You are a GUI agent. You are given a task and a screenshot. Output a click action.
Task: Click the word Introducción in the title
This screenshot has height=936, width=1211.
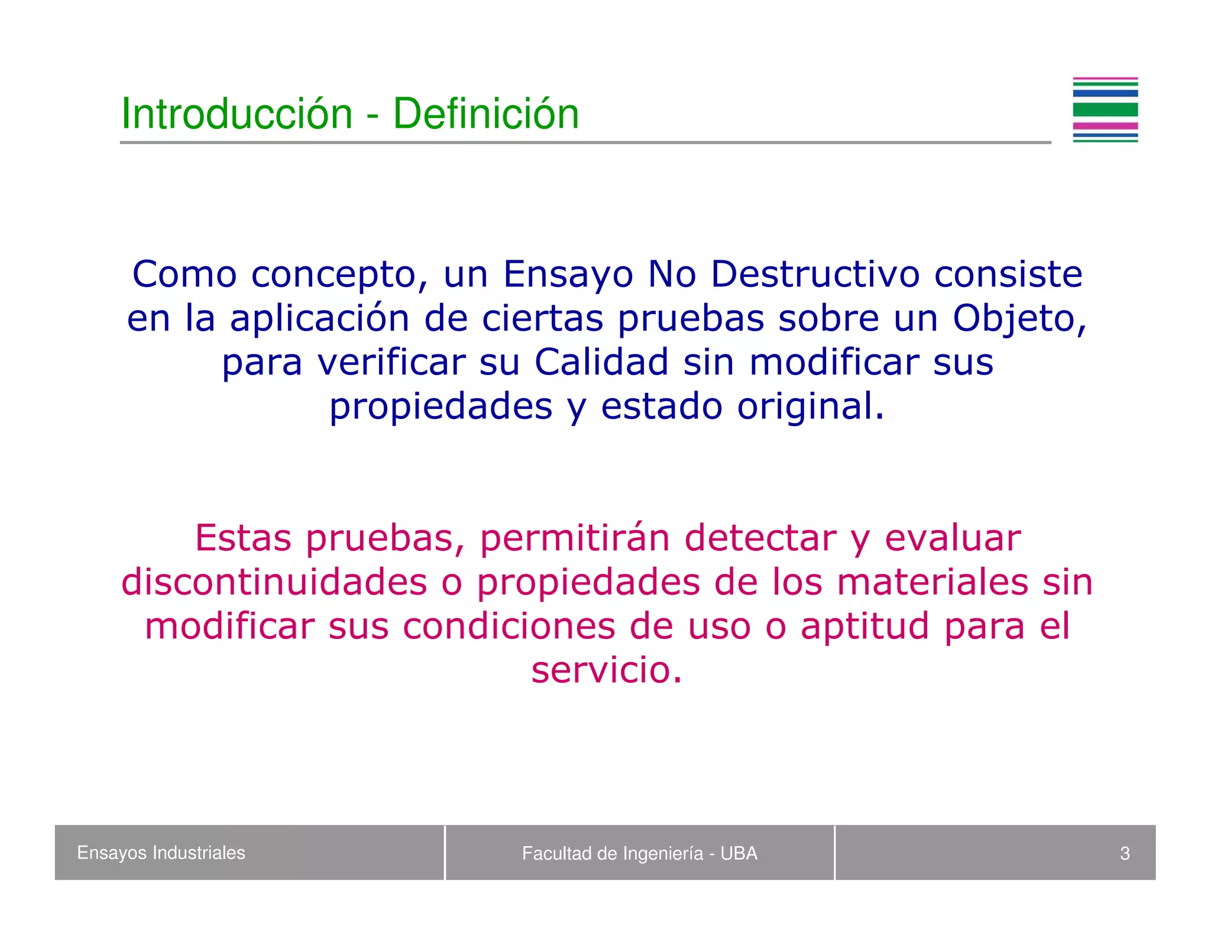pos(237,114)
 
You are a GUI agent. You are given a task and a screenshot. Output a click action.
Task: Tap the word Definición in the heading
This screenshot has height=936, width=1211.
pos(485,114)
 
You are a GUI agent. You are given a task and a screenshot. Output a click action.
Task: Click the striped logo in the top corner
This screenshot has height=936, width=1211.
pos(1105,110)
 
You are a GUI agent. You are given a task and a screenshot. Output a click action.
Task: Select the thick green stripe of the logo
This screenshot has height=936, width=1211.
pos(1105,109)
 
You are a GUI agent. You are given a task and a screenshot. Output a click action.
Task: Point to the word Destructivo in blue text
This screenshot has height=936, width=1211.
pos(815,275)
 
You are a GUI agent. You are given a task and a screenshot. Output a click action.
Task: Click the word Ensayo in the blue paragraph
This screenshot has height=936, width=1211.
pos(568,276)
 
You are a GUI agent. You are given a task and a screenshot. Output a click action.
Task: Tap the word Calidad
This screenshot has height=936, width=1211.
pos(601,362)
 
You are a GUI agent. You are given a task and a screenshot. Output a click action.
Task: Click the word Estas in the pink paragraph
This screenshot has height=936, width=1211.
pos(243,538)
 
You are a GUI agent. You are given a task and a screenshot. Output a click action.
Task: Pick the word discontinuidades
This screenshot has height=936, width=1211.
pos(274,582)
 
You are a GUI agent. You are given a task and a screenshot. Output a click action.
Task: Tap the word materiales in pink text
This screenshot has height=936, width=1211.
pos(932,582)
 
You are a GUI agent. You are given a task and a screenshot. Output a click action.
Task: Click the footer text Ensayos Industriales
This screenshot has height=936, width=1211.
pos(161,853)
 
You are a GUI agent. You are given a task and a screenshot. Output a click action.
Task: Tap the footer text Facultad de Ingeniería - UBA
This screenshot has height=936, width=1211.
pos(639,853)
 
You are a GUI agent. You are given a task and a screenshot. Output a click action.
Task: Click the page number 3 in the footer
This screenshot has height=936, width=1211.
pos(1124,853)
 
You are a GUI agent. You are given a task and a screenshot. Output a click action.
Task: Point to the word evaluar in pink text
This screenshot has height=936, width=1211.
pos(952,538)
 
